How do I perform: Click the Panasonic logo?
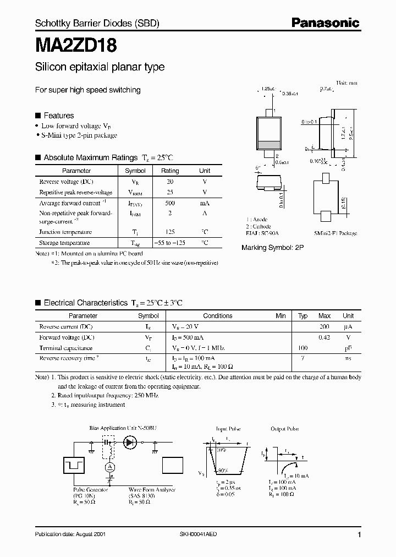point(325,23)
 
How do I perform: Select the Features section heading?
point(58,116)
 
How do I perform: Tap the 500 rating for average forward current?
point(170,203)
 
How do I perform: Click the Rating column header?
point(170,171)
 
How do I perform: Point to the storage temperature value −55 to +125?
point(170,243)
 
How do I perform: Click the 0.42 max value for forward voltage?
point(324,337)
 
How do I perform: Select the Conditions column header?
point(218,316)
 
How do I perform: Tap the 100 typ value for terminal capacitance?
point(302,348)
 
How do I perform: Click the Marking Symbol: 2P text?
point(272,248)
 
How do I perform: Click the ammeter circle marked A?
point(109,466)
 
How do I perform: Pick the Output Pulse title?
point(284,428)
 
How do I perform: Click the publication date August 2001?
point(70,534)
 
